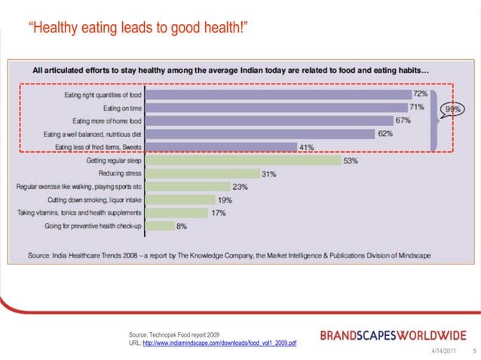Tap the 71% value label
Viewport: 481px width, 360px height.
(x=416, y=108)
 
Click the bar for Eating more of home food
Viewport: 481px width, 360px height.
(x=268, y=121)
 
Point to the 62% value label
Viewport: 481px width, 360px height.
(x=385, y=133)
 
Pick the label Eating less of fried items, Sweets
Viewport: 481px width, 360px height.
(x=92, y=147)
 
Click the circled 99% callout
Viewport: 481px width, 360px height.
(x=453, y=109)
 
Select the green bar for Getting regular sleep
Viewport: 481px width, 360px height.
(x=243, y=160)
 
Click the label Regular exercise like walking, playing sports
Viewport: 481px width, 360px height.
(x=79, y=186)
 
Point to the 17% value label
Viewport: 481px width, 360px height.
(x=218, y=212)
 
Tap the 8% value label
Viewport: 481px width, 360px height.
(x=182, y=225)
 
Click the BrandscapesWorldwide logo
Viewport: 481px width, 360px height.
(x=394, y=335)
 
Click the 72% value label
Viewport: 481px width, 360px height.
(x=420, y=94)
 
